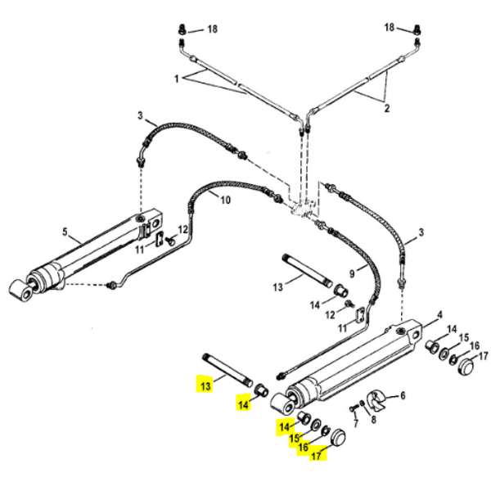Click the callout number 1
coord(175,79)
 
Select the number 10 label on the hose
coord(226,200)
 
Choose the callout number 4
coord(439,313)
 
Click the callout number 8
coord(373,420)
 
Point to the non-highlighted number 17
coord(484,356)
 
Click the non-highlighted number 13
coord(277,286)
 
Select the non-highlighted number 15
coord(463,338)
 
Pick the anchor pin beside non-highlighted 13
coord(307,269)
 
